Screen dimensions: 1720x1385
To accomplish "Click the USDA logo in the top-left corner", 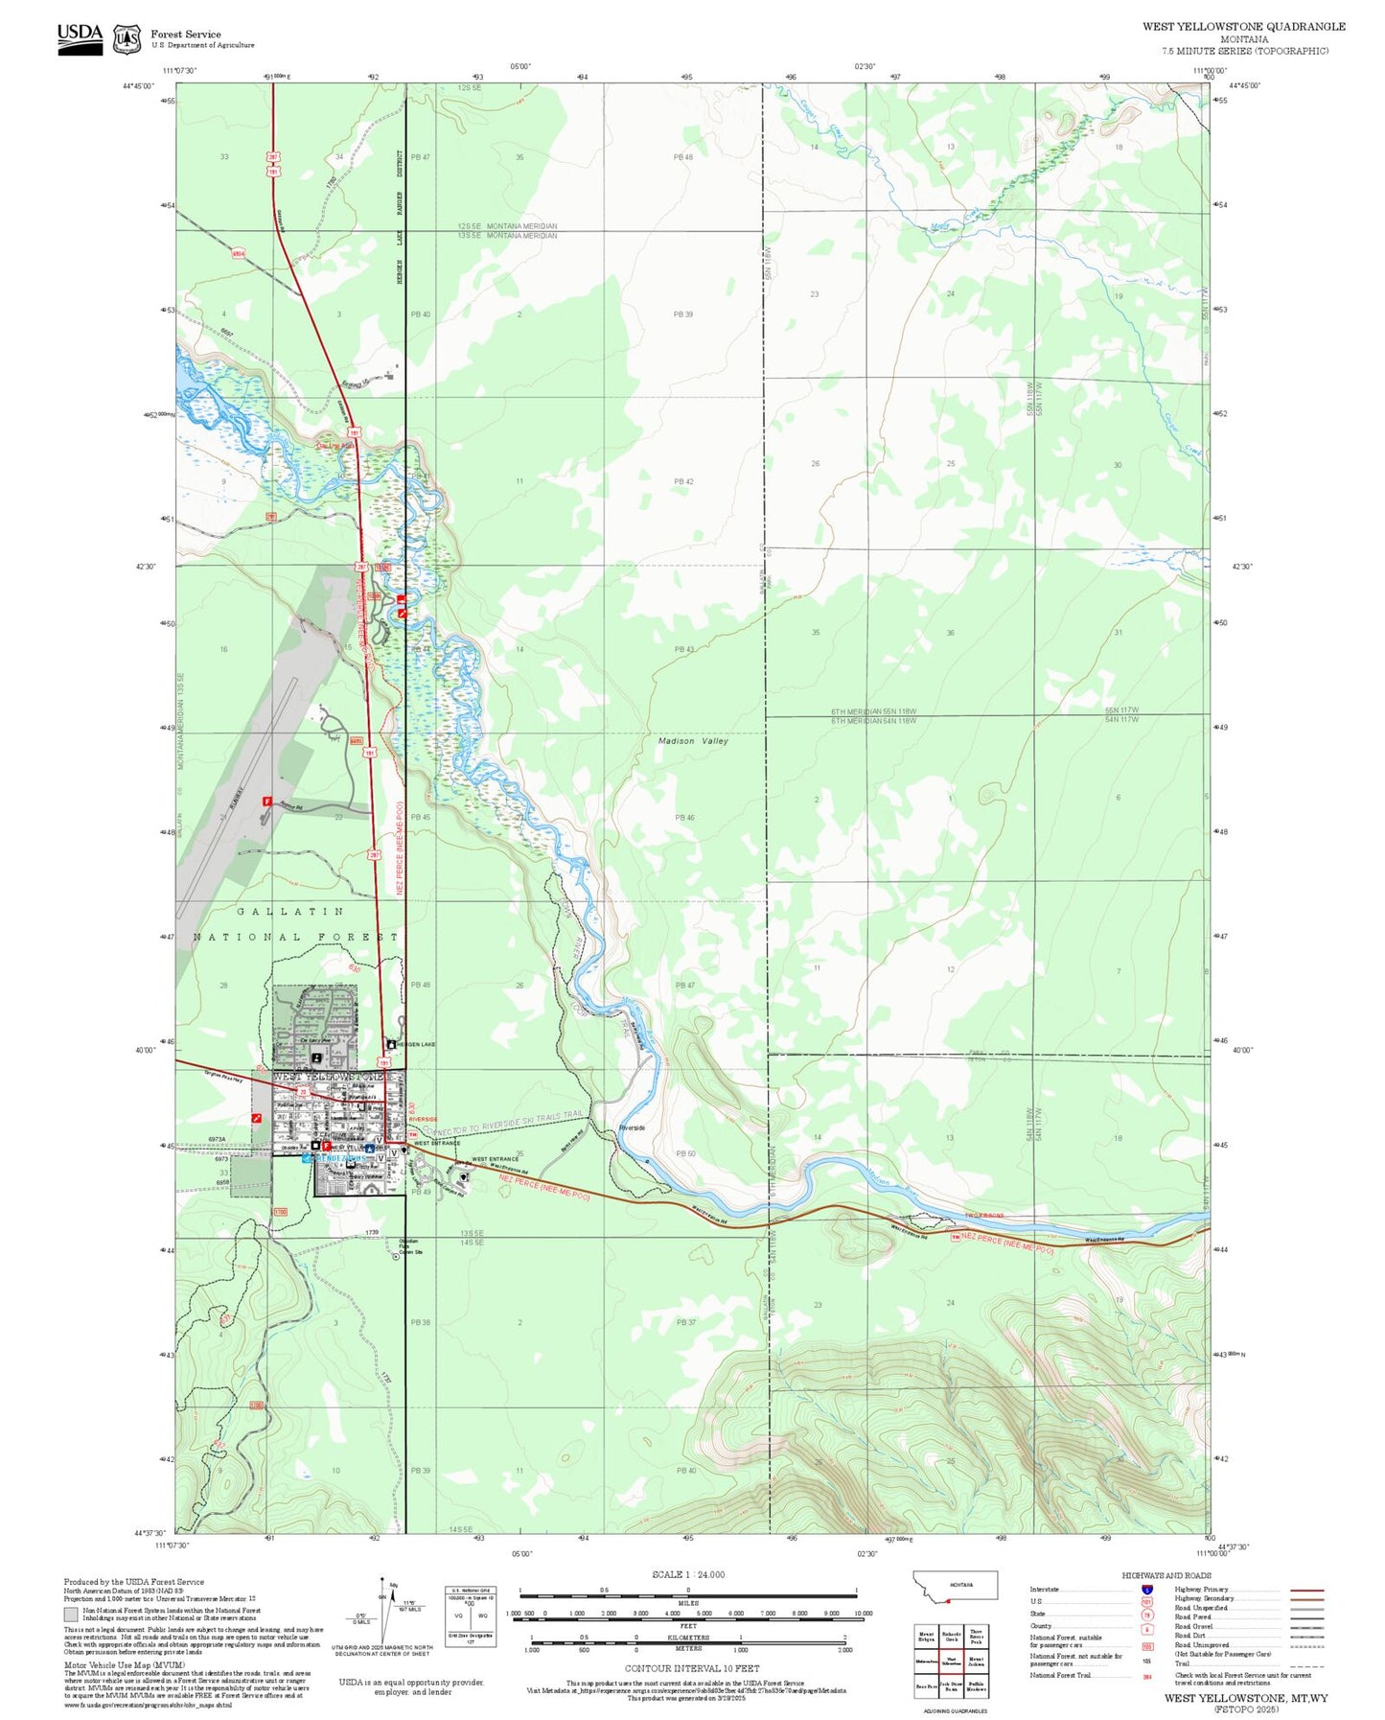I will pos(80,38).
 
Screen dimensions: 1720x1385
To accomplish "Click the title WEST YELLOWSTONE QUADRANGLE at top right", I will pos(1243,27).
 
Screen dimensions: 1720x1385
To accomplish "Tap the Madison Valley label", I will pos(693,741).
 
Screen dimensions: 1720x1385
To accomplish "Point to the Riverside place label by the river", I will pos(632,1127).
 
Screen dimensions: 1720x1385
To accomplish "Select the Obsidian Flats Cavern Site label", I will pos(409,1246).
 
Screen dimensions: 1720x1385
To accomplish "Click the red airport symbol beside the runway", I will pos(267,802).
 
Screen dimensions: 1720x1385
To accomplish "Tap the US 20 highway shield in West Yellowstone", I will pos(303,1092).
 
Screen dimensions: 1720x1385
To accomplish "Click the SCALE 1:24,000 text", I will pos(688,1574).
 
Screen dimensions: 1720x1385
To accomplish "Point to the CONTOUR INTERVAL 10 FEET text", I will pos(692,1669).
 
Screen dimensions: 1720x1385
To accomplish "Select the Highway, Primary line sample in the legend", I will pos(1307,1590).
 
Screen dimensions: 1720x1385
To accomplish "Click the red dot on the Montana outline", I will pos(946,1599).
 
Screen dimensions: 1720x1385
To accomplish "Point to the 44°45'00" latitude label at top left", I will pos(139,85).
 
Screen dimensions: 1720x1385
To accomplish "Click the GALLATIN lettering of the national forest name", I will pos(289,911).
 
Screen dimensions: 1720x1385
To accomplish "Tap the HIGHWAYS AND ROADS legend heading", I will pos(1166,1575).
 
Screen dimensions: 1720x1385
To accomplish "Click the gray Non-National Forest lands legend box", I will pos(71,1614).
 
